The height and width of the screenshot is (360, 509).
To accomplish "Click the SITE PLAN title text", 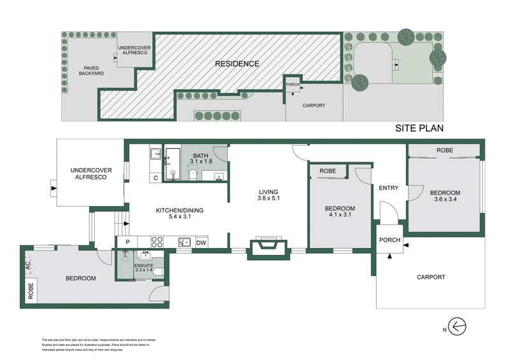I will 419,128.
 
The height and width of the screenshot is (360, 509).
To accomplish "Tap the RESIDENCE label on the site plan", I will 237,64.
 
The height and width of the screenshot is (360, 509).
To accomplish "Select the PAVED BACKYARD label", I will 88,70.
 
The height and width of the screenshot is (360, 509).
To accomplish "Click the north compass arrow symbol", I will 459,327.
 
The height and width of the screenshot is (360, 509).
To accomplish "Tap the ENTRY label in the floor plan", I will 388,188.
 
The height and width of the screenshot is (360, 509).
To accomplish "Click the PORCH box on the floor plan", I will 389,240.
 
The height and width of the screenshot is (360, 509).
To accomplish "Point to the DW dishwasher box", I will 201,242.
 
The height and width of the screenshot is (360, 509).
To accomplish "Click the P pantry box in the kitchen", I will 127,242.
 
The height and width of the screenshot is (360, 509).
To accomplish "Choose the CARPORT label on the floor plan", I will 430,277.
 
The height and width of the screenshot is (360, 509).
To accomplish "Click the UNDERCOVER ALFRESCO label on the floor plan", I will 87,174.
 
